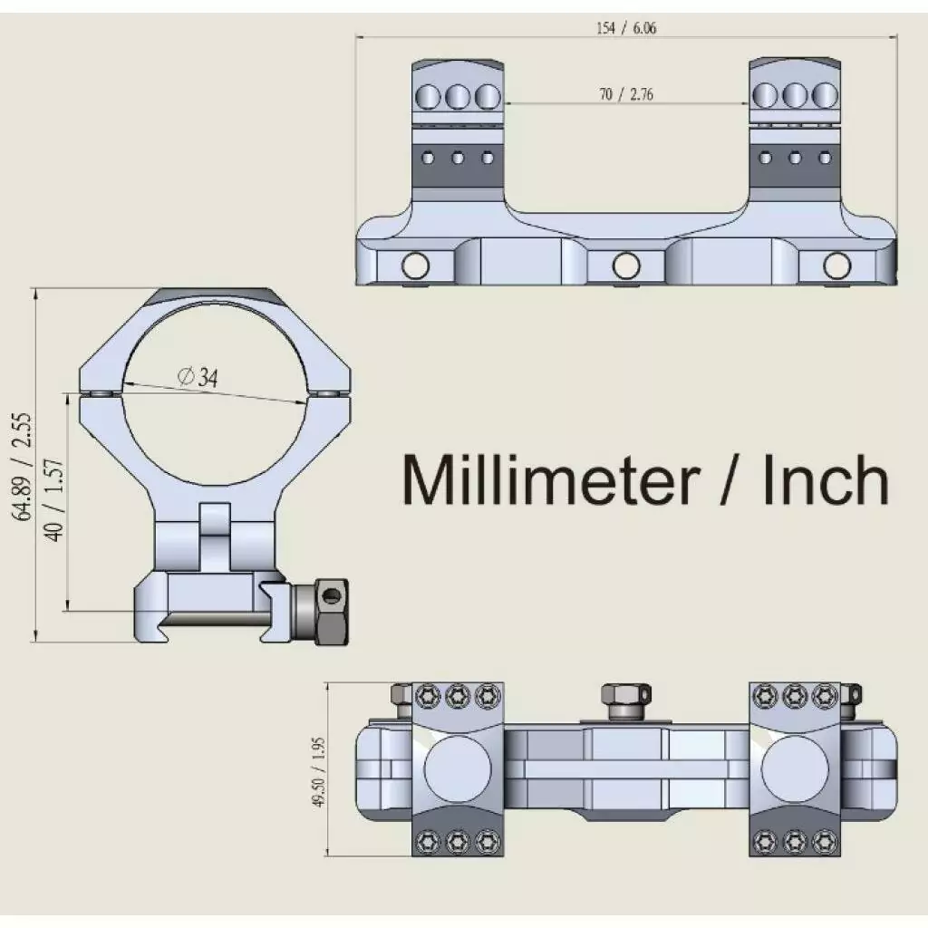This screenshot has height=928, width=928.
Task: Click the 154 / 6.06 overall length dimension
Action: tap(626, 28)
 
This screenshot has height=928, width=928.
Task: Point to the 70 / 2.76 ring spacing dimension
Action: tap(626, 94)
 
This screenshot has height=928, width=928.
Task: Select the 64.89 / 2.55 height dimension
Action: tap(24, 467)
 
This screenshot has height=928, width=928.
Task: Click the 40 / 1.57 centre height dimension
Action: tap(54, 500)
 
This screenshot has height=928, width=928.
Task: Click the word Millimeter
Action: tap(551, 479)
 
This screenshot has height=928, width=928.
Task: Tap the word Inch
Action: tap(826, 479)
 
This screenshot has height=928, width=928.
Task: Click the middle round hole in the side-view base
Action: tap(626, 266)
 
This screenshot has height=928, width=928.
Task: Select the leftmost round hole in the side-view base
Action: tap(415, 266)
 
